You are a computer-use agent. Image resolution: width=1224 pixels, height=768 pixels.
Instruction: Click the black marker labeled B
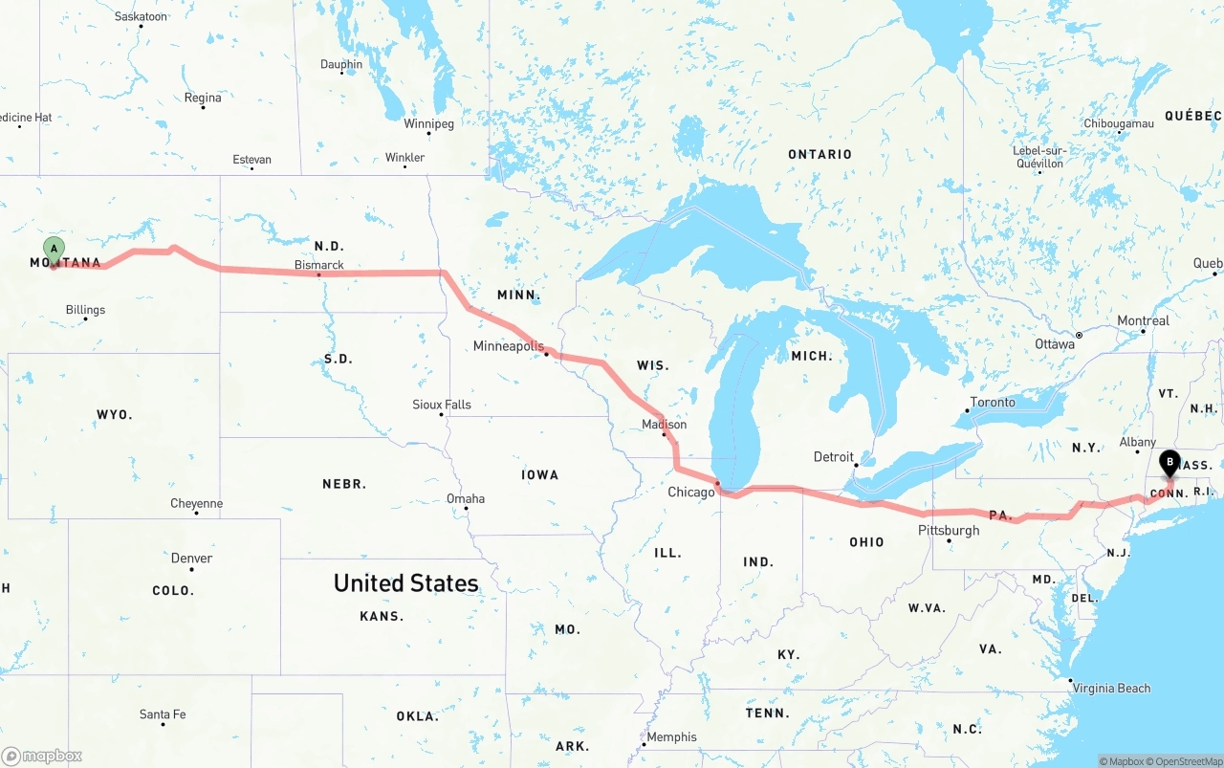[1169, 464]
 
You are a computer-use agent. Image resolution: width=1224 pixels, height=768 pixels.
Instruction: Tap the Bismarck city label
[318, 265]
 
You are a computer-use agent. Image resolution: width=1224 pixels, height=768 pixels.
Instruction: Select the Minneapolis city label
[508, 346]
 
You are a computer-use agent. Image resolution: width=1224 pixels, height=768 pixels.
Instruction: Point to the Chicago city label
[690, 493]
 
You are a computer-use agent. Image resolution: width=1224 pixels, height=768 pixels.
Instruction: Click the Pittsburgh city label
[949, 530]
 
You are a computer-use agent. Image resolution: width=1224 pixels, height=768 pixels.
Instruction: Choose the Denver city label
[191, 558]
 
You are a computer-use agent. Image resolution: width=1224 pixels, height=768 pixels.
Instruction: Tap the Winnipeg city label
[428, 123]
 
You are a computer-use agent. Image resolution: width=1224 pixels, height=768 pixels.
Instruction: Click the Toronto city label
[993, 402]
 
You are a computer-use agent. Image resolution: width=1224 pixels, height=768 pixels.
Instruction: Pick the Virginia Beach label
[1110, 689]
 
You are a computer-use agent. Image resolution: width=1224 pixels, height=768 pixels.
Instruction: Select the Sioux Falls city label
[442, 405]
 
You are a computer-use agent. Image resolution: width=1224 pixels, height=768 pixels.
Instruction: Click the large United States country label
[405, 583]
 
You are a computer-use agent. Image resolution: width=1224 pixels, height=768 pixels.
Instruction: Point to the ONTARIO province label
[820, 154]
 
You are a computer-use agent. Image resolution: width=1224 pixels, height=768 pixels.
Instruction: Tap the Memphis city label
[671, 737]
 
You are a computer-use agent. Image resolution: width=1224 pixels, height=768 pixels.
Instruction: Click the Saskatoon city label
[141, 16]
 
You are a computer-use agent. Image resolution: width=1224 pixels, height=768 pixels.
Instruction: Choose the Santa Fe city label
[163, 714]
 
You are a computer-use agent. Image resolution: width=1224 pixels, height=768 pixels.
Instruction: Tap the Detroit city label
[833, 457]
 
